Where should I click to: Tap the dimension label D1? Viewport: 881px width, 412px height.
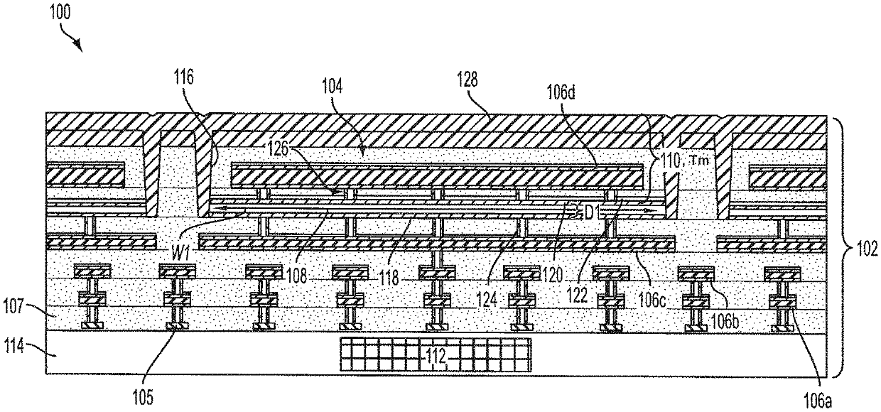pos(591,210)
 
